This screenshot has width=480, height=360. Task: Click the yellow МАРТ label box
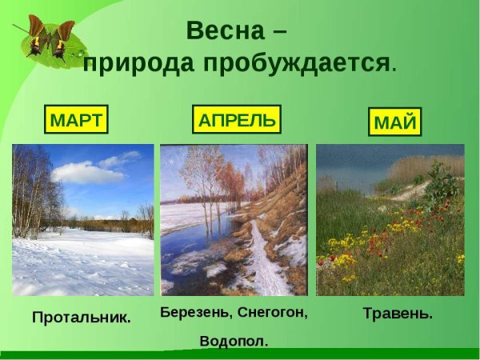76,121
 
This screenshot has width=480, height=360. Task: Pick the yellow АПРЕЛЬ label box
237,121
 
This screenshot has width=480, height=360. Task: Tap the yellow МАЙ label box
395,123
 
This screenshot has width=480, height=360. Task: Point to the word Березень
198,312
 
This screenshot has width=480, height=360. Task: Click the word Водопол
234,341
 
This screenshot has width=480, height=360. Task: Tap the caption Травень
398,314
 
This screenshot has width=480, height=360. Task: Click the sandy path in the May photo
408,192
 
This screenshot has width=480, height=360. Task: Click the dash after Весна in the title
278,31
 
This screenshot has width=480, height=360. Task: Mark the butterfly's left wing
35,32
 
